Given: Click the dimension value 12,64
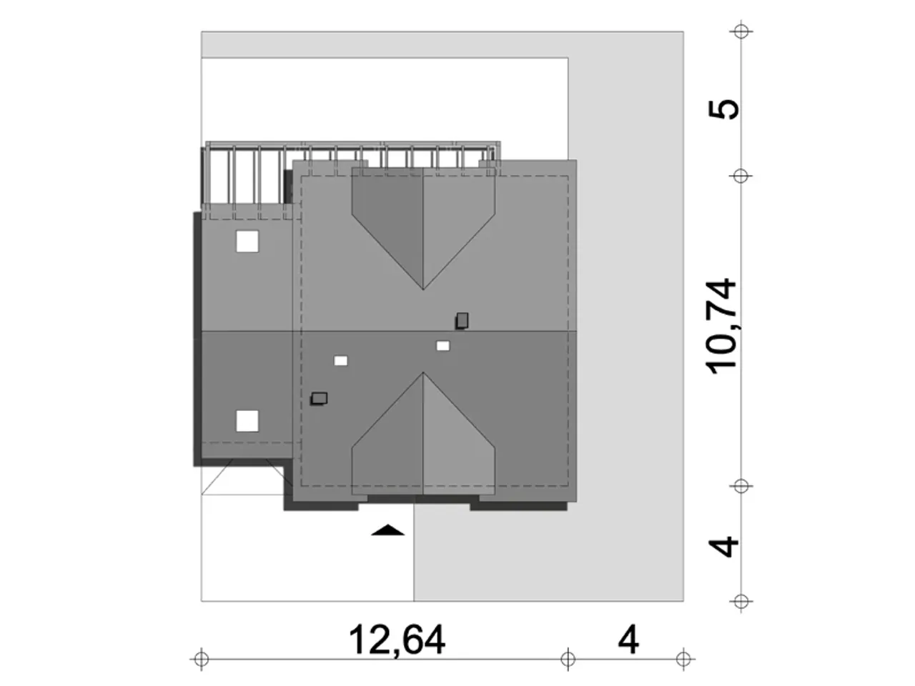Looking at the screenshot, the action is (397, 640).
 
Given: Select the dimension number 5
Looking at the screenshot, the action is (723, 109).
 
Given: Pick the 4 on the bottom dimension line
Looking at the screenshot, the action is (628, 640).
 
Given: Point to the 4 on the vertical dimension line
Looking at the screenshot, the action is (723, 547).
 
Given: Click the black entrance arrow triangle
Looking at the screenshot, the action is (387, 530).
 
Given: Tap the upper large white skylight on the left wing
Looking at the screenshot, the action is (247, 241).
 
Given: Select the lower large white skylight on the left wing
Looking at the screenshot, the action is (247, 421).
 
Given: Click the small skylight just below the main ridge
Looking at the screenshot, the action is (442, 346).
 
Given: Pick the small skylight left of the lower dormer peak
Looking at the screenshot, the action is (340, 361).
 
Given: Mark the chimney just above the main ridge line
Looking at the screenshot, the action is (462, 321).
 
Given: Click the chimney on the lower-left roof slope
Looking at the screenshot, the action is (319, 399).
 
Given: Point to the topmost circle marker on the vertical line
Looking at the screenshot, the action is (741, 31).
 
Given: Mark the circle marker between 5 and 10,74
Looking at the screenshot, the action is (741, 177).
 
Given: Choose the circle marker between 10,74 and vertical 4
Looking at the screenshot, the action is (741, 486).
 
